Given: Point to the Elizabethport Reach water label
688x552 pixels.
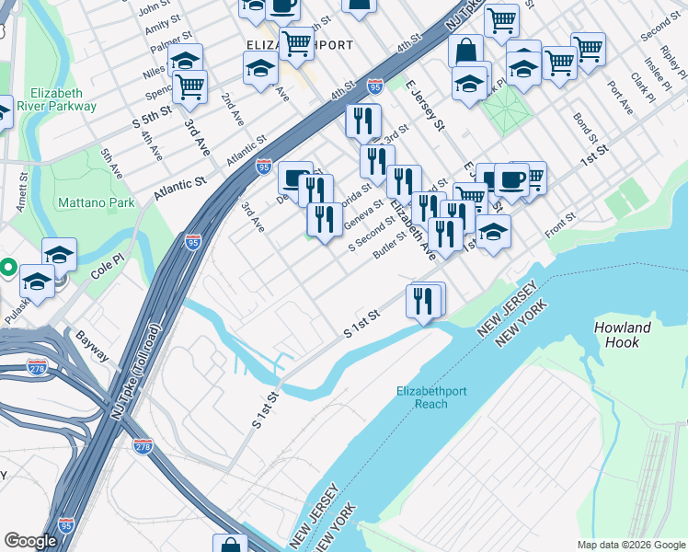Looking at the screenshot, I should (431, 397).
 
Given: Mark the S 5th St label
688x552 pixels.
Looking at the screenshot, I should (153, 120).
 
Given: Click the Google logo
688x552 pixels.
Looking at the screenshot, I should (31, 541).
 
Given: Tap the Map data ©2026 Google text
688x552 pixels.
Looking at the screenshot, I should (630, 545).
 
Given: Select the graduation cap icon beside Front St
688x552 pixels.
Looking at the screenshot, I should (493, 232).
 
